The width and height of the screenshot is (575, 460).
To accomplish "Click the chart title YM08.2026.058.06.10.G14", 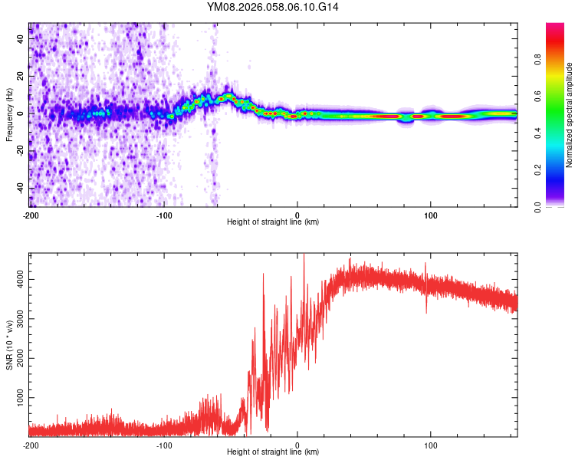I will (x=273, y=7).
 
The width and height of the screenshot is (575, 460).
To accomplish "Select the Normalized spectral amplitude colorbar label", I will (x=569, y=115).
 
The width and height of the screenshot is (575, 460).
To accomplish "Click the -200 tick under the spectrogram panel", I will (x=31, y=215).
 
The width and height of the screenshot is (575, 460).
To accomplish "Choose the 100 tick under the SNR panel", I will (x=431, y=445).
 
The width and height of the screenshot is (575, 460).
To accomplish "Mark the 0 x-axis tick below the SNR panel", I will (x=297, y=445).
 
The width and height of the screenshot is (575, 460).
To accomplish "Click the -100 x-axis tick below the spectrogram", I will (x=164, y=215).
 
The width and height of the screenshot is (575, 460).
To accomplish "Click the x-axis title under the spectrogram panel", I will (x=273, y=222).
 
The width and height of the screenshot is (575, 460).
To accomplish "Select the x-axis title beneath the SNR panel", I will (x=273, y=452).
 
